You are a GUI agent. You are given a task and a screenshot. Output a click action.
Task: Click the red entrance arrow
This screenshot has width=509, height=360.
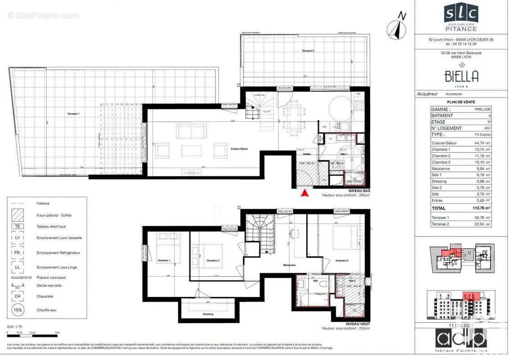point(305,193)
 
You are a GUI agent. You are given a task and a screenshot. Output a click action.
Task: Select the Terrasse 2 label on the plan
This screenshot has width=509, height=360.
point(308,51)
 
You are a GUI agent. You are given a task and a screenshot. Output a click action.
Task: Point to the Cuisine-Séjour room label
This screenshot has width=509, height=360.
point(240,149)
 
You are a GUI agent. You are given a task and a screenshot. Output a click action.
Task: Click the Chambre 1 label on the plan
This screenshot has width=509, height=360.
point(163,261)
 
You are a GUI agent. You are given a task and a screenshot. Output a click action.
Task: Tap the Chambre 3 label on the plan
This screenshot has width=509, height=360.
point(213,261)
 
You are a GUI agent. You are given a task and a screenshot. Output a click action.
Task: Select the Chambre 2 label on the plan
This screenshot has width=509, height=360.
point(342,261)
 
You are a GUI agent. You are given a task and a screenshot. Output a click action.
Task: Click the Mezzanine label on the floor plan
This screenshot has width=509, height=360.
point(289,265)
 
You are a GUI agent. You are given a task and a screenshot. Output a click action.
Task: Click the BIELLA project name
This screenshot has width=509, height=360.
point(461,76)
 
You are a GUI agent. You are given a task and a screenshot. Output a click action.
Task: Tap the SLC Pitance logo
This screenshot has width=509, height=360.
point(461,18)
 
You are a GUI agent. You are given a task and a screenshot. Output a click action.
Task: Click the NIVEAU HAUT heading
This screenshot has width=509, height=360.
point(358,324)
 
